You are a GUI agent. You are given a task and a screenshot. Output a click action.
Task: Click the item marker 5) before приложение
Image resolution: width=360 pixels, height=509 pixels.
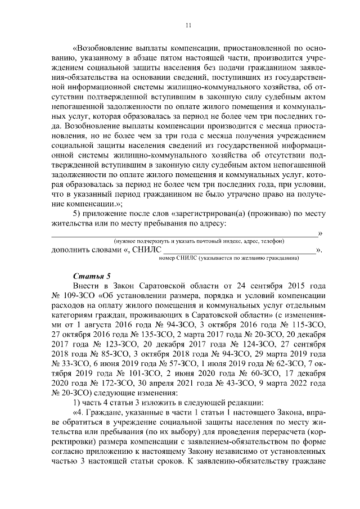pos(79,214)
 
